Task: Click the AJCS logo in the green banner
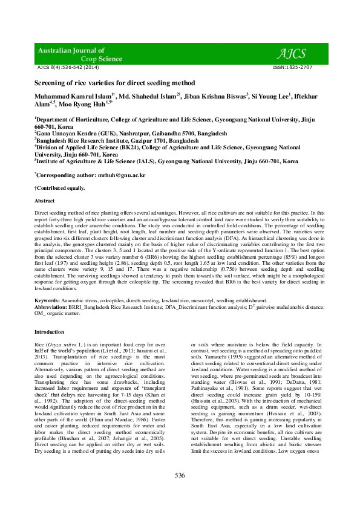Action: click(x=294, y=53)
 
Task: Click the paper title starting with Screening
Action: click(x=114, y=81)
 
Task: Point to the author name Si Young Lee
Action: click(x=271, y=96)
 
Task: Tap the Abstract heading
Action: click(x=44, y=200)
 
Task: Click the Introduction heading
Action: click(x=49, y=332)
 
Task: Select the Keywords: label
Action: click(x=47, y=300)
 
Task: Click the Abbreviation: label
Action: click(x=52, y=306)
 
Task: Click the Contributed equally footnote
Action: click(x=59, y=189)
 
